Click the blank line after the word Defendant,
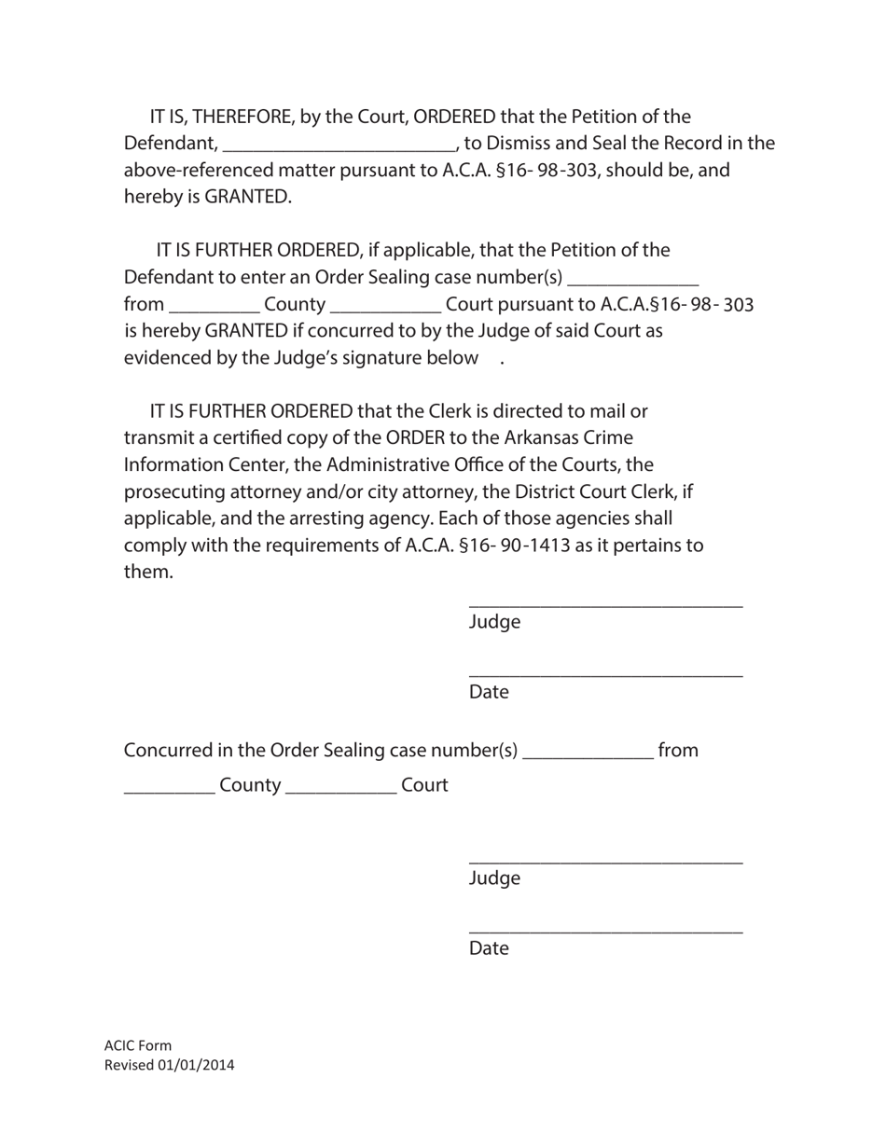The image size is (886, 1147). click(339, 145)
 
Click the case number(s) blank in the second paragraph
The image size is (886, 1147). click(632, 280)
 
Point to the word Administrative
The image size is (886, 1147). click(382, 464)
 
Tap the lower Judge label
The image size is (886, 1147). click(494, 878)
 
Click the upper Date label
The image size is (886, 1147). click(489, 692)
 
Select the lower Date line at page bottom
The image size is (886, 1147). click(605, 932)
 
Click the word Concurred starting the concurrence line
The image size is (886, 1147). click(167, 751)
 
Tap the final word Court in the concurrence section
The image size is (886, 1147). click(424, 785)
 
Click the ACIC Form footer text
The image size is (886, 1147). click(138, 1045)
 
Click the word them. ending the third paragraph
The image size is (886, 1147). click(148, 572)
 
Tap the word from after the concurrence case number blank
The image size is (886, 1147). click(677, 751)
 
